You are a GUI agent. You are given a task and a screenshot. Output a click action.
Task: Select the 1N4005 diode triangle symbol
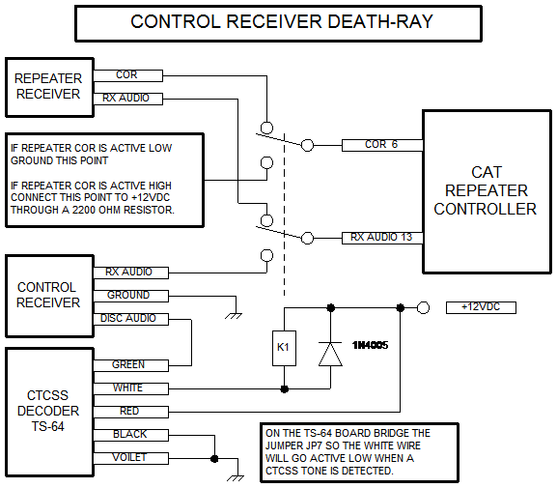click(330, 354)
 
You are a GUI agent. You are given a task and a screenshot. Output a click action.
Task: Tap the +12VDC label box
click(481, 307)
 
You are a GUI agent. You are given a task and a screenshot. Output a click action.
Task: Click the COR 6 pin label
click(382, 145)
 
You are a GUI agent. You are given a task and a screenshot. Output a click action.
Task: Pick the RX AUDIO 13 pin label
click(382, 238)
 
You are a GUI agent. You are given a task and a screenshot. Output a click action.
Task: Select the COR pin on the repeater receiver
click(127, 75)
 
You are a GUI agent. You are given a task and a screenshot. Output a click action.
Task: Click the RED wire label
click(130, 412)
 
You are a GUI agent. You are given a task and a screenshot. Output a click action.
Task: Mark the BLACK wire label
click(130, 435)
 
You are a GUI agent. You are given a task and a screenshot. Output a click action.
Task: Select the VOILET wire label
click(130, 458)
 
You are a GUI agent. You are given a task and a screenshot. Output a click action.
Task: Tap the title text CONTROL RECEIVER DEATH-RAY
click(282, 21)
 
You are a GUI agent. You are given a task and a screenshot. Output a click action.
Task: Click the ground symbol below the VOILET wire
click(236, 478)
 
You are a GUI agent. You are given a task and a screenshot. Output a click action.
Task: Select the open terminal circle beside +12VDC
click(423, 307)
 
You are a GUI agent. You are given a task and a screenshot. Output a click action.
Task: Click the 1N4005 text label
click(370, 345)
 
